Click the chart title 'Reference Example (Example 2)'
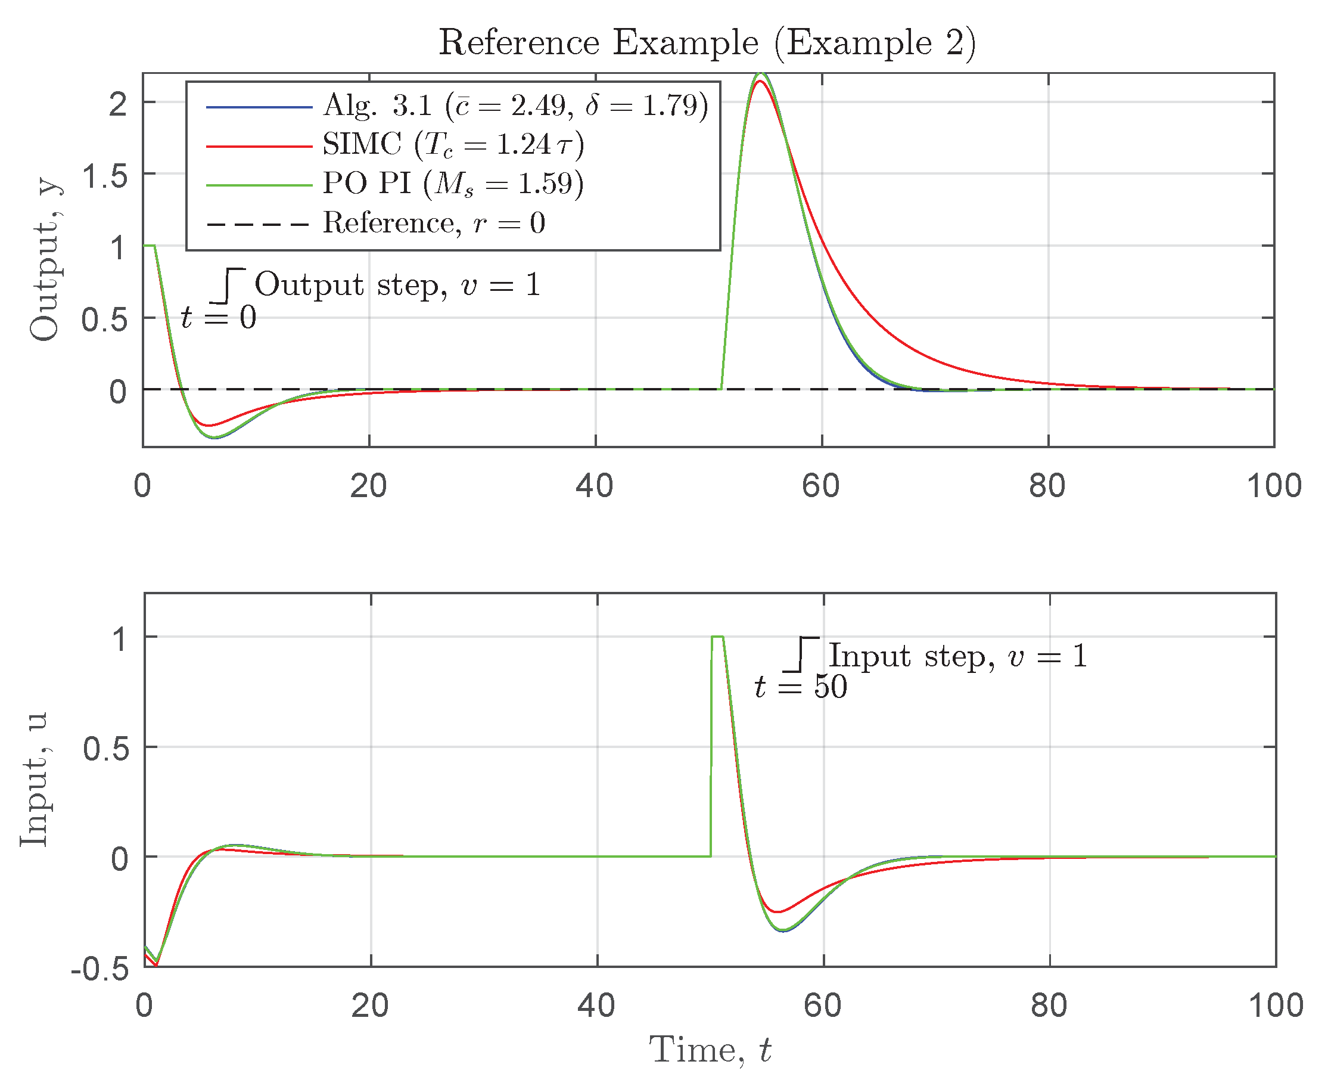coord(707,43)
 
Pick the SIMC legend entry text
coord(453,144)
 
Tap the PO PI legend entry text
coord(453,184)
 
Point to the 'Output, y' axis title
coord(45,261)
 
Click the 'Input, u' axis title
coord(34,779)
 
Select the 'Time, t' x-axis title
coord(710,1049)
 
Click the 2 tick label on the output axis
coord(118,104)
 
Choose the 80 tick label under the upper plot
coord(1047,485)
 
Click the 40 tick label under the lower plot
coord(596,1006)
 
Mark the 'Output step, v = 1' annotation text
coord(397,285)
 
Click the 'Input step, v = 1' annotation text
coord(959,656)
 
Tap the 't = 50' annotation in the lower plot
coord(801,686)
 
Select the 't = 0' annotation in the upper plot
coord(218,317)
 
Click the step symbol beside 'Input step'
coord(800,654)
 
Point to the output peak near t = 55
coord(761,74)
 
